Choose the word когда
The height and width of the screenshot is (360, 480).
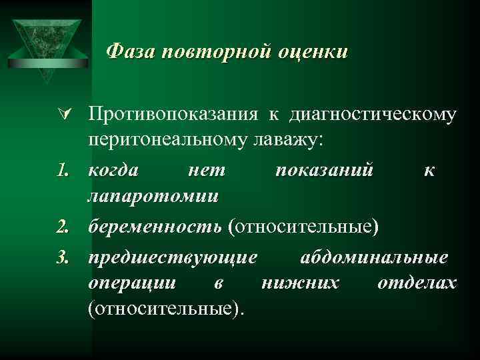(x=114, y=170)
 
